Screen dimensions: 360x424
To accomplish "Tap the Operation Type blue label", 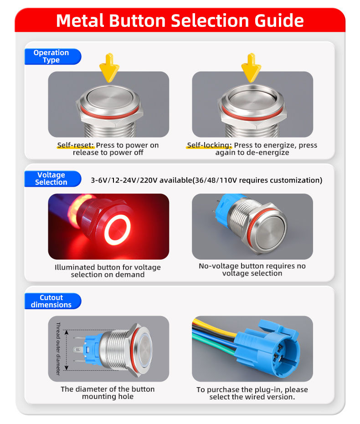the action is coord(53,56).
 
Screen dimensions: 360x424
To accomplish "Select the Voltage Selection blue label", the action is coord(53,179).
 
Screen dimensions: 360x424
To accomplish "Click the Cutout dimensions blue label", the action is coord(53,301).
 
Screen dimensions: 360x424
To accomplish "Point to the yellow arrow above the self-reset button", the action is coord(109,67).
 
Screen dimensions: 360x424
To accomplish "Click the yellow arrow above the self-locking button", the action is coord(251,67).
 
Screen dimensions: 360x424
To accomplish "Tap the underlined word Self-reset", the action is coord(76,145).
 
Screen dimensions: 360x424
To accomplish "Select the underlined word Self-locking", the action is coord(209,145).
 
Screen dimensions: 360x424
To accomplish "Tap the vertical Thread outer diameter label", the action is coord(58,349).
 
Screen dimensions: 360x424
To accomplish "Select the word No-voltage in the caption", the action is coord(219,266).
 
